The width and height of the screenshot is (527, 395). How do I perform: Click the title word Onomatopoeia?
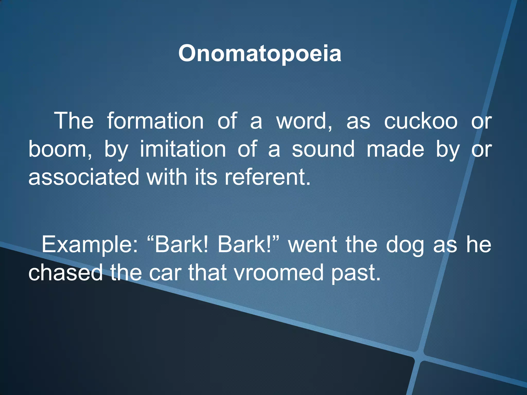[260, 53]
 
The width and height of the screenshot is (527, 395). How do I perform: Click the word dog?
[405, 245]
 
